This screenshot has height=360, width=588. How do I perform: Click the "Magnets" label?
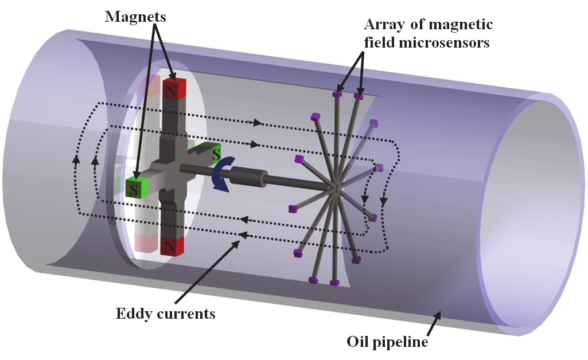[x=135, y=17]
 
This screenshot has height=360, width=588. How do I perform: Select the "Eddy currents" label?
[x=165, y=314]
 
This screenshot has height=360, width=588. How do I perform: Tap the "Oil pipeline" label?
[x=387, y=342]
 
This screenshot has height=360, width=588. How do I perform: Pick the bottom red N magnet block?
[x=172, y=246]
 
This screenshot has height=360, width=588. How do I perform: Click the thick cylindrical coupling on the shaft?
[x=247, y=175]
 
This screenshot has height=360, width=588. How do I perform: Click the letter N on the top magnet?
[x=170, y=90]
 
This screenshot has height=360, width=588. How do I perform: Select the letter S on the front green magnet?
[x=134, y=189]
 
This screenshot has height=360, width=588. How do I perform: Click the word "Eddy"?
[x=133, y=314]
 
